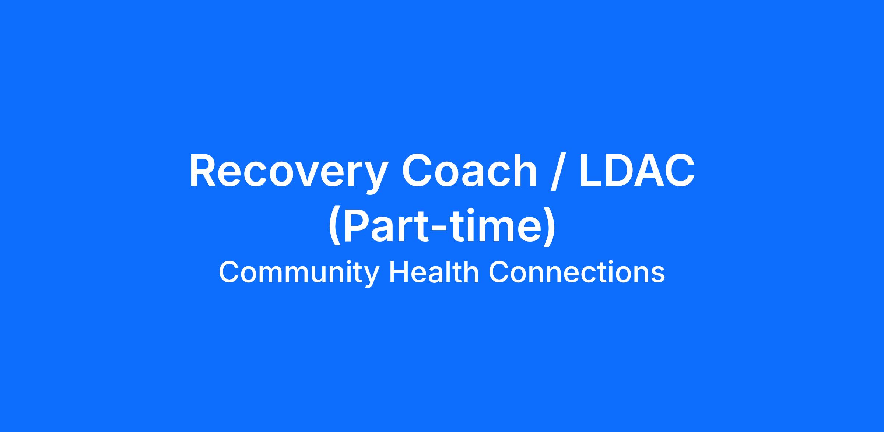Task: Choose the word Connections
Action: click(x=577, y=272)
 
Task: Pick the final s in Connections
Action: click(x=658, y=275)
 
